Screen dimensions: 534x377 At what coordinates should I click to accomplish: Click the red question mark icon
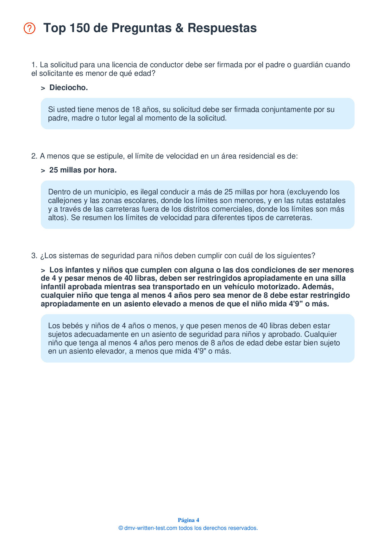point(29,28)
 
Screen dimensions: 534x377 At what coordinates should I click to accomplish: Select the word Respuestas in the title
point(222,28)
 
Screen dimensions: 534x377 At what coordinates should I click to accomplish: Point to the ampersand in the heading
point(179,28)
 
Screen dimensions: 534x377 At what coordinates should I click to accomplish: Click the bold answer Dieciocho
point(68,88)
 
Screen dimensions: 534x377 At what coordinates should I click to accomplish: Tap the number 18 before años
point(136,109)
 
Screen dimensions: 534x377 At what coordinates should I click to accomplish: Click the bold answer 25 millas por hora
point(83,170)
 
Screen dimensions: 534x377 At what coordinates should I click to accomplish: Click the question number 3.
point(34,256)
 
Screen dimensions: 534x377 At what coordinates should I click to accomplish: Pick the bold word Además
point(318,287)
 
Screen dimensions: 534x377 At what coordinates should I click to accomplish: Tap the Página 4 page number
point(188,520)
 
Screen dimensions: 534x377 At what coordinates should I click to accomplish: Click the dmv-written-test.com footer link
point(151,528)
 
